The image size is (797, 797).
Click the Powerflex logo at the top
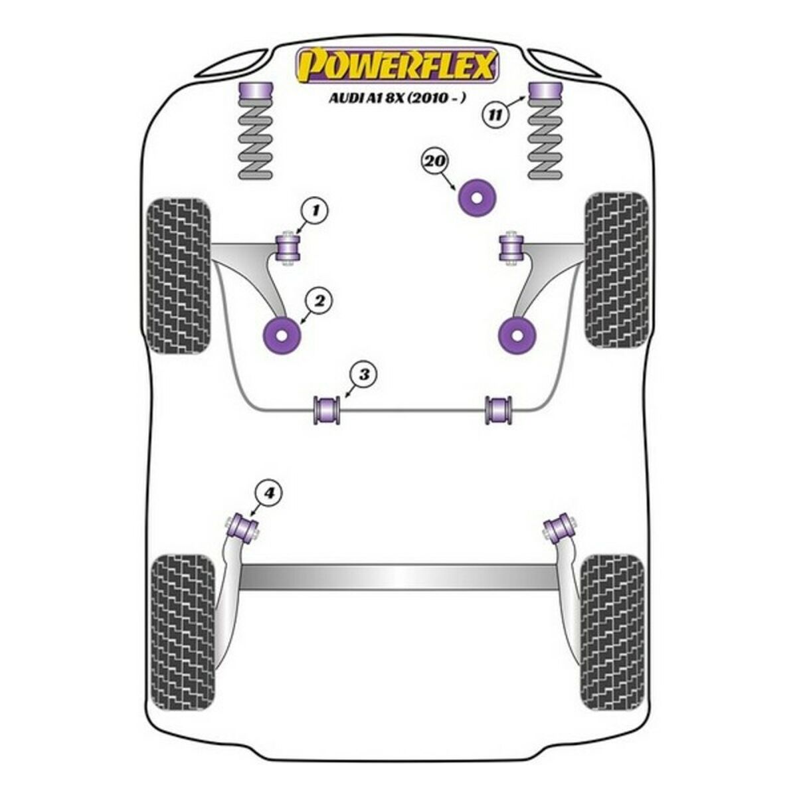point(397,66)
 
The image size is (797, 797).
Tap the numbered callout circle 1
point(315,212)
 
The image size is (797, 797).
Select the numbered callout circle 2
point(319,302)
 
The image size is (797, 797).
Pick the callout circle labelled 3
point(363,374)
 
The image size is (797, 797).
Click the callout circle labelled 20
point(434,161)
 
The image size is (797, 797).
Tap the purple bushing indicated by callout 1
point(289,248)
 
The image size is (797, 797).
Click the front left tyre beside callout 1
point(178,276)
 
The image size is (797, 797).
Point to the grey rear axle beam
point(398,576)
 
